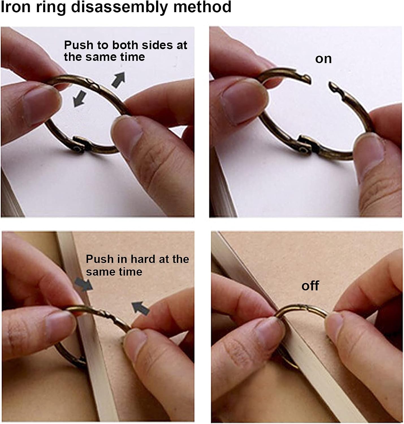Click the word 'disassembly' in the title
click(x=119, y=7)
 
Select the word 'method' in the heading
click(x=202, y=7)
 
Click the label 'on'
click(x=323, y=59)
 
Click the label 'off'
click(x=310, y=285)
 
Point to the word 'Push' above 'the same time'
click(x=79, y=45)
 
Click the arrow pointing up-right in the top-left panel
click(x=118, y=80)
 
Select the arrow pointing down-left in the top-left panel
click(x=80, y=99)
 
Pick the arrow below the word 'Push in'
click(x=83, y=284)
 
